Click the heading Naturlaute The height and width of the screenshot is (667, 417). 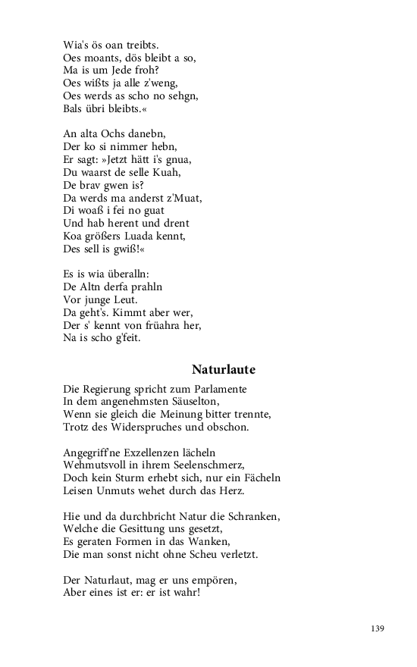[224, 370]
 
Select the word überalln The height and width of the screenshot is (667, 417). [129, 274]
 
